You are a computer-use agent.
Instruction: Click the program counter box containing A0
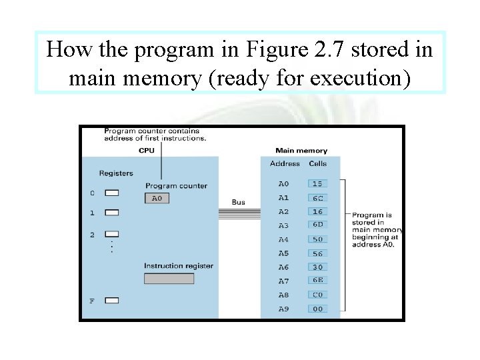(157, 198)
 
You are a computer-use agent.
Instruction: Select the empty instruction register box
(169, 278)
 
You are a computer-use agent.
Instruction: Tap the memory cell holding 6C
(317, 198)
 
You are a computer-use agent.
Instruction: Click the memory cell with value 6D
(317, 225)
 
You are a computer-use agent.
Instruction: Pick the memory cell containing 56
(317, 253)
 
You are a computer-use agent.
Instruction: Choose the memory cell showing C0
(317, 295)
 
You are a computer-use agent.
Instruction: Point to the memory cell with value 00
(317, 309)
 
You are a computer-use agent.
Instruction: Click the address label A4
(283, 239)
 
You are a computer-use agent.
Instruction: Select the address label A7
(283, 281)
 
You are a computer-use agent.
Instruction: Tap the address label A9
(283, 309)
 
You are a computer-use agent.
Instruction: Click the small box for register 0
(112, 193)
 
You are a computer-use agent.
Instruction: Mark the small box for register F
(112, 301)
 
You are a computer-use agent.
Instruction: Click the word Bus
(238, 202)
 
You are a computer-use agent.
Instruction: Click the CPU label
(147, 151)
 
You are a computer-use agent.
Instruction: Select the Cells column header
(317, 163)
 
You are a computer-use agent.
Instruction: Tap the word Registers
(116, 173)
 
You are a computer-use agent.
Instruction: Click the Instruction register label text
(179, 266)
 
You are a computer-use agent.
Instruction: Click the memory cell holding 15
(317, 183)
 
